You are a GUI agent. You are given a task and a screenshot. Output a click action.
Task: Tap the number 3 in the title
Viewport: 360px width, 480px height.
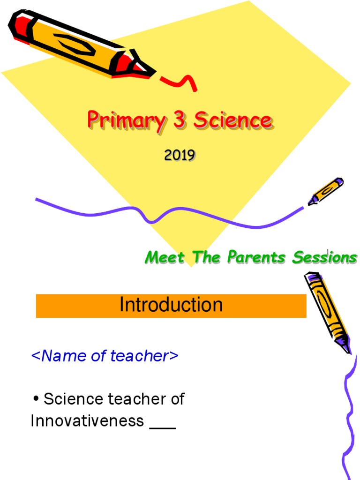180,120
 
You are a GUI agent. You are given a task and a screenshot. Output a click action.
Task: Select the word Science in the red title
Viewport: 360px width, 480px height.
232,120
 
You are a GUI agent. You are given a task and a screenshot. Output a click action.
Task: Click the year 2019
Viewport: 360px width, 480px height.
180,155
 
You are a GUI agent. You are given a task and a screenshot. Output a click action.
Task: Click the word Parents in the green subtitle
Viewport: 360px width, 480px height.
257,257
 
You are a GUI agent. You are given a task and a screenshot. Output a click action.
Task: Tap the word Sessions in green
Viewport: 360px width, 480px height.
325,257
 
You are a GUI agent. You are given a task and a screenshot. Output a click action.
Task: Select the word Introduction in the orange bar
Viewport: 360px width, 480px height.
171,305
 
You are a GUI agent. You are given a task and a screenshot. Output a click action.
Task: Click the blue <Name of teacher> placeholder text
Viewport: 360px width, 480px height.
105,356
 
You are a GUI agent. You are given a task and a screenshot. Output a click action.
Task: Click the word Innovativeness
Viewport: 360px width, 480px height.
87,421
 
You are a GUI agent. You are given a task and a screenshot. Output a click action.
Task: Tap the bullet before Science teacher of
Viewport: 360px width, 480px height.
36,400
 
